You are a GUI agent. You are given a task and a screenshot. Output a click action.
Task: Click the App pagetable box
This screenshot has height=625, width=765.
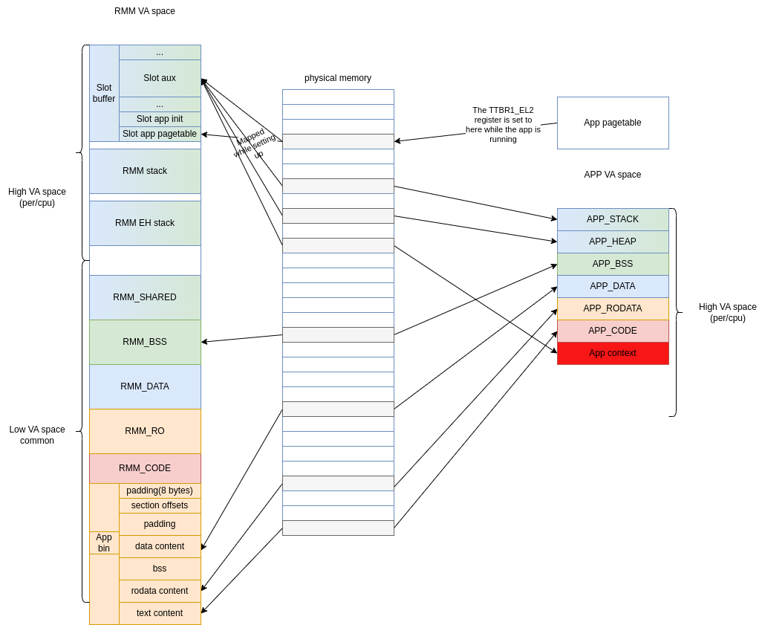coord(613,123)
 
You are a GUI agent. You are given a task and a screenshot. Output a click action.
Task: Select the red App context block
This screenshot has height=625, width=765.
coord(613,353)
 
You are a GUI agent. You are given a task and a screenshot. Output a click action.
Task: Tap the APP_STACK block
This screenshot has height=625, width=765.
coord(613,219)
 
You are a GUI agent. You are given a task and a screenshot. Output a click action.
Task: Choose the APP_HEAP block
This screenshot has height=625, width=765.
coord(613,242)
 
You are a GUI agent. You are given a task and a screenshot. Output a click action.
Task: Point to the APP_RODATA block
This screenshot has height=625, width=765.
coord(613,308)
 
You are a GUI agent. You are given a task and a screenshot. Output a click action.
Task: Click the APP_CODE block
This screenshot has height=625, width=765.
coord(613,331)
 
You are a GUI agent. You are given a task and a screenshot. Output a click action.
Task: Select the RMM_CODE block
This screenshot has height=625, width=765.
coord(145,468)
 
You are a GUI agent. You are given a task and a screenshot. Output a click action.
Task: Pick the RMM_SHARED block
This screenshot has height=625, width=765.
coord(145,297)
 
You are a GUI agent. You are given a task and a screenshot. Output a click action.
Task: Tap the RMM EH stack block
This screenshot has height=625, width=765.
coord(145,223)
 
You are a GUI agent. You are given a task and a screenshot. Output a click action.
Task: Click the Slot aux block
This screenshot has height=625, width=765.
coord(160,78)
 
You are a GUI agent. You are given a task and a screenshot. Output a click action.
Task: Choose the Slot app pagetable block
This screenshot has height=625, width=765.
coord(160,134)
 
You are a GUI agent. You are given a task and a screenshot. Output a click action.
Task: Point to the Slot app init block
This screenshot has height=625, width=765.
coord(160,119)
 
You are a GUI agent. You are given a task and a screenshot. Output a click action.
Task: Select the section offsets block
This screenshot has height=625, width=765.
coord(160,505)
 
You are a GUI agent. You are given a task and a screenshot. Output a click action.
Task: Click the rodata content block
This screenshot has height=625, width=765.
coord(160,591)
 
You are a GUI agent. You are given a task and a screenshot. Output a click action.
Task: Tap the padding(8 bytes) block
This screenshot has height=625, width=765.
coord(160,490)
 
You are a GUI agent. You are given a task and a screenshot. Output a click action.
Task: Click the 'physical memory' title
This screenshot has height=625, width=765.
coord(338,78)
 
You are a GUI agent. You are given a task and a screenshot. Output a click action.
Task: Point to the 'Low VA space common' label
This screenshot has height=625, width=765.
coord(37,435)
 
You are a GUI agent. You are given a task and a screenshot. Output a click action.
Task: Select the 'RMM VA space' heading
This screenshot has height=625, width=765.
coord(144,11)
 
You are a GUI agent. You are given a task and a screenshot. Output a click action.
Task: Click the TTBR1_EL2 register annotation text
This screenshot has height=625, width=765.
coord(503,125)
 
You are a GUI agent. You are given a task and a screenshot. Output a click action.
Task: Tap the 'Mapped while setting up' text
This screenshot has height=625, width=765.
coord(255,143)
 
